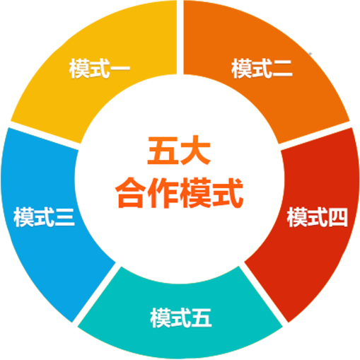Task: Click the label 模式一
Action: point(100,69)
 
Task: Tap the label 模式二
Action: point(262,69)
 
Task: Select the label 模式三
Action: point(44,217)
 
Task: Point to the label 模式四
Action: point(318,217)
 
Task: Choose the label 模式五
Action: point(181,318)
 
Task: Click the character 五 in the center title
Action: point(163,151)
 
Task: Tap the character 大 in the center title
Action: point(194,151)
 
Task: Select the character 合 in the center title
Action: point(131,193)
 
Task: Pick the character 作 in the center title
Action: point(163,193)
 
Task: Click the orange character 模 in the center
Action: point(195,193)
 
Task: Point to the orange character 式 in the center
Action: point(228,193)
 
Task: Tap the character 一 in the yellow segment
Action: point(120,69)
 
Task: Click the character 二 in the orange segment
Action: point(282,69)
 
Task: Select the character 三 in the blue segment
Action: point(64,217)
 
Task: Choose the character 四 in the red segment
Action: point(338,217)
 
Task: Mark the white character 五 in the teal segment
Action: point(202,318)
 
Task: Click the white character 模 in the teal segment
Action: point(161,318)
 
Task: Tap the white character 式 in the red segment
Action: point(318,217)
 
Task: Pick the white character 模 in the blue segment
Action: point(23,217)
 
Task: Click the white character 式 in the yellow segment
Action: point(100,69)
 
